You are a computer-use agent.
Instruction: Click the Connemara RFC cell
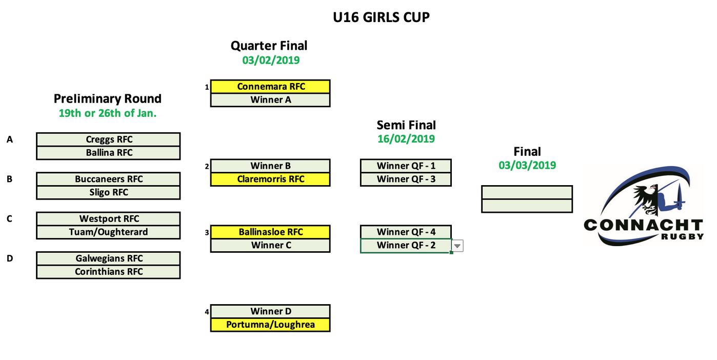pyautogui.click(x=270, y=87)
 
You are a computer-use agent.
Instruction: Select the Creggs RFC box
pyautogui.click(x=108, y=139)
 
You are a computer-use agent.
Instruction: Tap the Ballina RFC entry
pyautogui.click(x=108, y=153)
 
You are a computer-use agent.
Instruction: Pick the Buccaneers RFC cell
pyautogui.click(x=108, y=179)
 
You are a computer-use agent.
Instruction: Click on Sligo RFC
pyautogui.click(x=108, y=192)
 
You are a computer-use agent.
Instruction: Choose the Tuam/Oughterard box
pyautogui.click(x=108, y=232)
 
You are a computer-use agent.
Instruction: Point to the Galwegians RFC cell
pyautogui.click(x=108, y=258)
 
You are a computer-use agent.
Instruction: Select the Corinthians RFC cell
pyautogui.click(x=108, y=272)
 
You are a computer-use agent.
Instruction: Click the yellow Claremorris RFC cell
pyautogui.click(x=270, y=179)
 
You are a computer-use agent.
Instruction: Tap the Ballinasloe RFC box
pyautogui.click(x=270, y=232)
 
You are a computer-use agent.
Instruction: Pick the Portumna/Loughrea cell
pyautogui.click(x=270, y=325)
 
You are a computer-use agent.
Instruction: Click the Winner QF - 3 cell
pyautogui.click(x=406, y=179)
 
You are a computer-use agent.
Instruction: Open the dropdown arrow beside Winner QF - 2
pyautogui.click(x=457, y=246)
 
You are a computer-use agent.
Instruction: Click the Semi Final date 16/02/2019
pyautogui.click(x=406, y=139)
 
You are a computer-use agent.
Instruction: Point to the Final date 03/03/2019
pyautogui.click(x=527, y=165)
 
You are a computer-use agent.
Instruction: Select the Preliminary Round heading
pyautogui.click(x=108, y=98)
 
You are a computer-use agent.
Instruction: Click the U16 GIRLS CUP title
pyautogui.click(x=381, y=17)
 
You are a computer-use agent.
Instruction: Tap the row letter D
pyautogui.click(x=9, y=258)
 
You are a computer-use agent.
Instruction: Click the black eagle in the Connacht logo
pyautogui.click(x=643, y=198)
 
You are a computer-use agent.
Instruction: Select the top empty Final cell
pyautogui.click(x=527, y=192)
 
